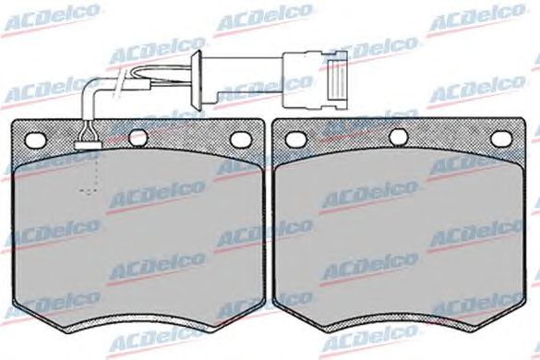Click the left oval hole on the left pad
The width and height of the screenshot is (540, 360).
pyautogui.click(x=35, y=139)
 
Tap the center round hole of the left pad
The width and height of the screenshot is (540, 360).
pyautogui.click(x=138, y=138)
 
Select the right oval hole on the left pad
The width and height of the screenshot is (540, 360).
pyautogui.click(x=241, y=138)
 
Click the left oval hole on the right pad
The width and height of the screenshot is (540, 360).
pyautogui.click(x=296, y=138)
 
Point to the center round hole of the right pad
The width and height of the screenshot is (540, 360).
pyautogui.click(x=399, y=138)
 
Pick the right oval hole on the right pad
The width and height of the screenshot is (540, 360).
pyautogui.click(x=501, y=138)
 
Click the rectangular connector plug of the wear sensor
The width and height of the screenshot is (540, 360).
pyautogui.click(x=315, y=79)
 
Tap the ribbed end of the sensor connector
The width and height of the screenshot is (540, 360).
pyautogui.click(x=337, y=79)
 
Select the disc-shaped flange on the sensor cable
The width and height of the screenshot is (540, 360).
pyautogui.click(x=198, y=78)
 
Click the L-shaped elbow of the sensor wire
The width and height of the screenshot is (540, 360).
pyautogui.click(x=90, y=90)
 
